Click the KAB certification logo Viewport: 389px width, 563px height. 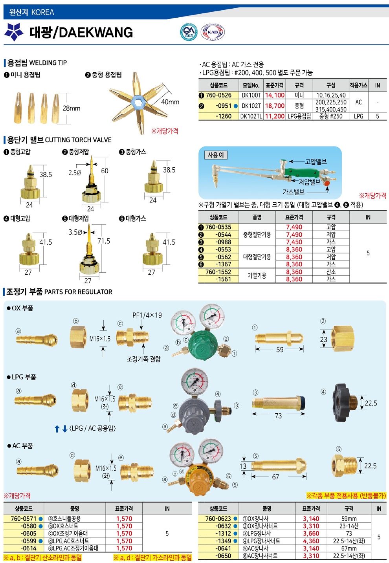coord(213,32)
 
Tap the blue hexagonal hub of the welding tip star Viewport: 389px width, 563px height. coord(137,103)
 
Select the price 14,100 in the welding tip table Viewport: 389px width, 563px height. coord(275,95)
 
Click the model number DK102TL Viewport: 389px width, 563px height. coord(251,116)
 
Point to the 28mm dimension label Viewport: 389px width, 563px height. coord(72,108)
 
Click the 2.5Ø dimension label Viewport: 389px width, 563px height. coord(75,173)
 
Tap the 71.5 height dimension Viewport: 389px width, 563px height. coord(104,241)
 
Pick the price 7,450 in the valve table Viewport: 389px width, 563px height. coord(294,242)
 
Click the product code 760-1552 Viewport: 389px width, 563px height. coord(218,272)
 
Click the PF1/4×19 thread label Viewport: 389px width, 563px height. coord(147,315)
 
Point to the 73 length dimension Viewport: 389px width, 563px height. coord(278,416)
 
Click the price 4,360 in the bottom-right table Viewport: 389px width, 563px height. coord(311,541)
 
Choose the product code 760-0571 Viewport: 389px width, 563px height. coord(23,519)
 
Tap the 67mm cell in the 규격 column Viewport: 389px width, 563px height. coord(349,548)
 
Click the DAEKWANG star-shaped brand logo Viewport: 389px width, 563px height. coord(14,32)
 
